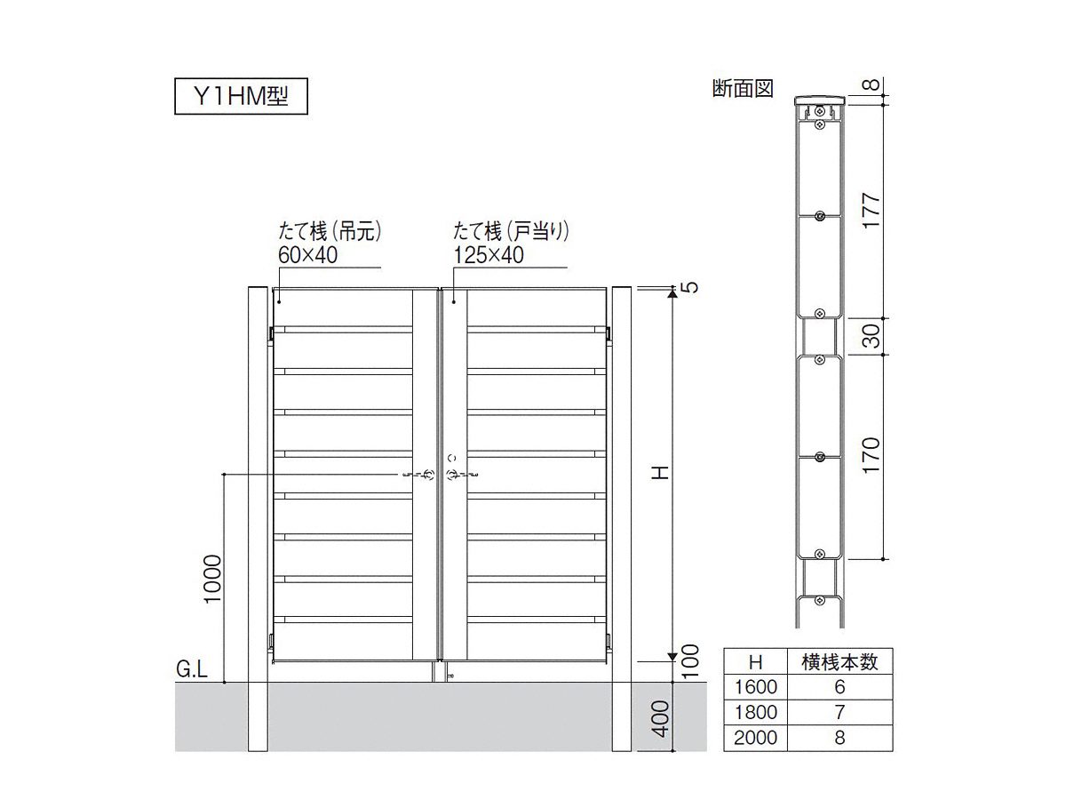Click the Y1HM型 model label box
pos(241,96)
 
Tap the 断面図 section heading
pos(743,89)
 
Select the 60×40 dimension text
pos(308,255)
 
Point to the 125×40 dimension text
pos(489,255)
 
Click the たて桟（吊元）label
pos(330,231)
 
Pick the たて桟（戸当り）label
pos(511,231)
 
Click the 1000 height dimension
pos(212,580)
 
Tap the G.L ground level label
pos(192,669)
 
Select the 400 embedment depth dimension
pos(660,719)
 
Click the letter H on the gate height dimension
pos(661,472)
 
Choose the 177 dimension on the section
pos(871,211)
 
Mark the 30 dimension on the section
pos(871,336)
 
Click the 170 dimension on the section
pos(871,455)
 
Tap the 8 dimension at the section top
pos(871,85)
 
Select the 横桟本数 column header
pos(839,662)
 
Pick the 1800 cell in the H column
pos(755,712)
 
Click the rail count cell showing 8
pos(839,738)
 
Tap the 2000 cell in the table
pos(755,738)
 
